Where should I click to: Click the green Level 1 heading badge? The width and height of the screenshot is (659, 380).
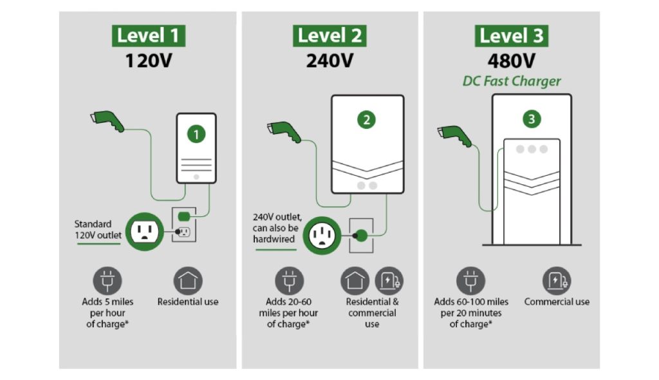(149, 35)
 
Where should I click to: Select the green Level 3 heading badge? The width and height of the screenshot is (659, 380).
(512, 35)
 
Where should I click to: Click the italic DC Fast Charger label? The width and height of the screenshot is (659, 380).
(512, 82)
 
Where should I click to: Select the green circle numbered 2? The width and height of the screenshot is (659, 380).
(366, 119)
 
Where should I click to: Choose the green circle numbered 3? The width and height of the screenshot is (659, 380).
(531, 119)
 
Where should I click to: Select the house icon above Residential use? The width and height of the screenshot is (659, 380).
(188, 281)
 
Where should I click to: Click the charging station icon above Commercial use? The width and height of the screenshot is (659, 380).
(557, 281)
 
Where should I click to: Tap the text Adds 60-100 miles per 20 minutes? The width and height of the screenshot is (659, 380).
(471, 312)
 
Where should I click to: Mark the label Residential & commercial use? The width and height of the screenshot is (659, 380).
(372, 312)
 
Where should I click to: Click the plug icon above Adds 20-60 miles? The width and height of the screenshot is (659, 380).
(289, 281)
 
